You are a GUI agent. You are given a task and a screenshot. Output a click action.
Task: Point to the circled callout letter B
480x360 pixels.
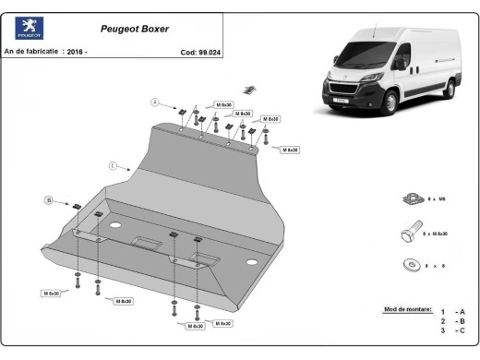click(47, 198)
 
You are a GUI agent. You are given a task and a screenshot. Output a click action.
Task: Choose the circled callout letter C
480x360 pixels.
click(112, 166)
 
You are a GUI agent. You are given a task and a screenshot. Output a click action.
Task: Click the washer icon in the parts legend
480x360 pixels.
click(411, 266)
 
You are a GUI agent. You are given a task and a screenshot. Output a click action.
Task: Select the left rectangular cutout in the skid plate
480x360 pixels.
click(145, 243)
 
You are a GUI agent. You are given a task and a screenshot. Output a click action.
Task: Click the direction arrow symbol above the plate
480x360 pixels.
click(248, 90)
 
